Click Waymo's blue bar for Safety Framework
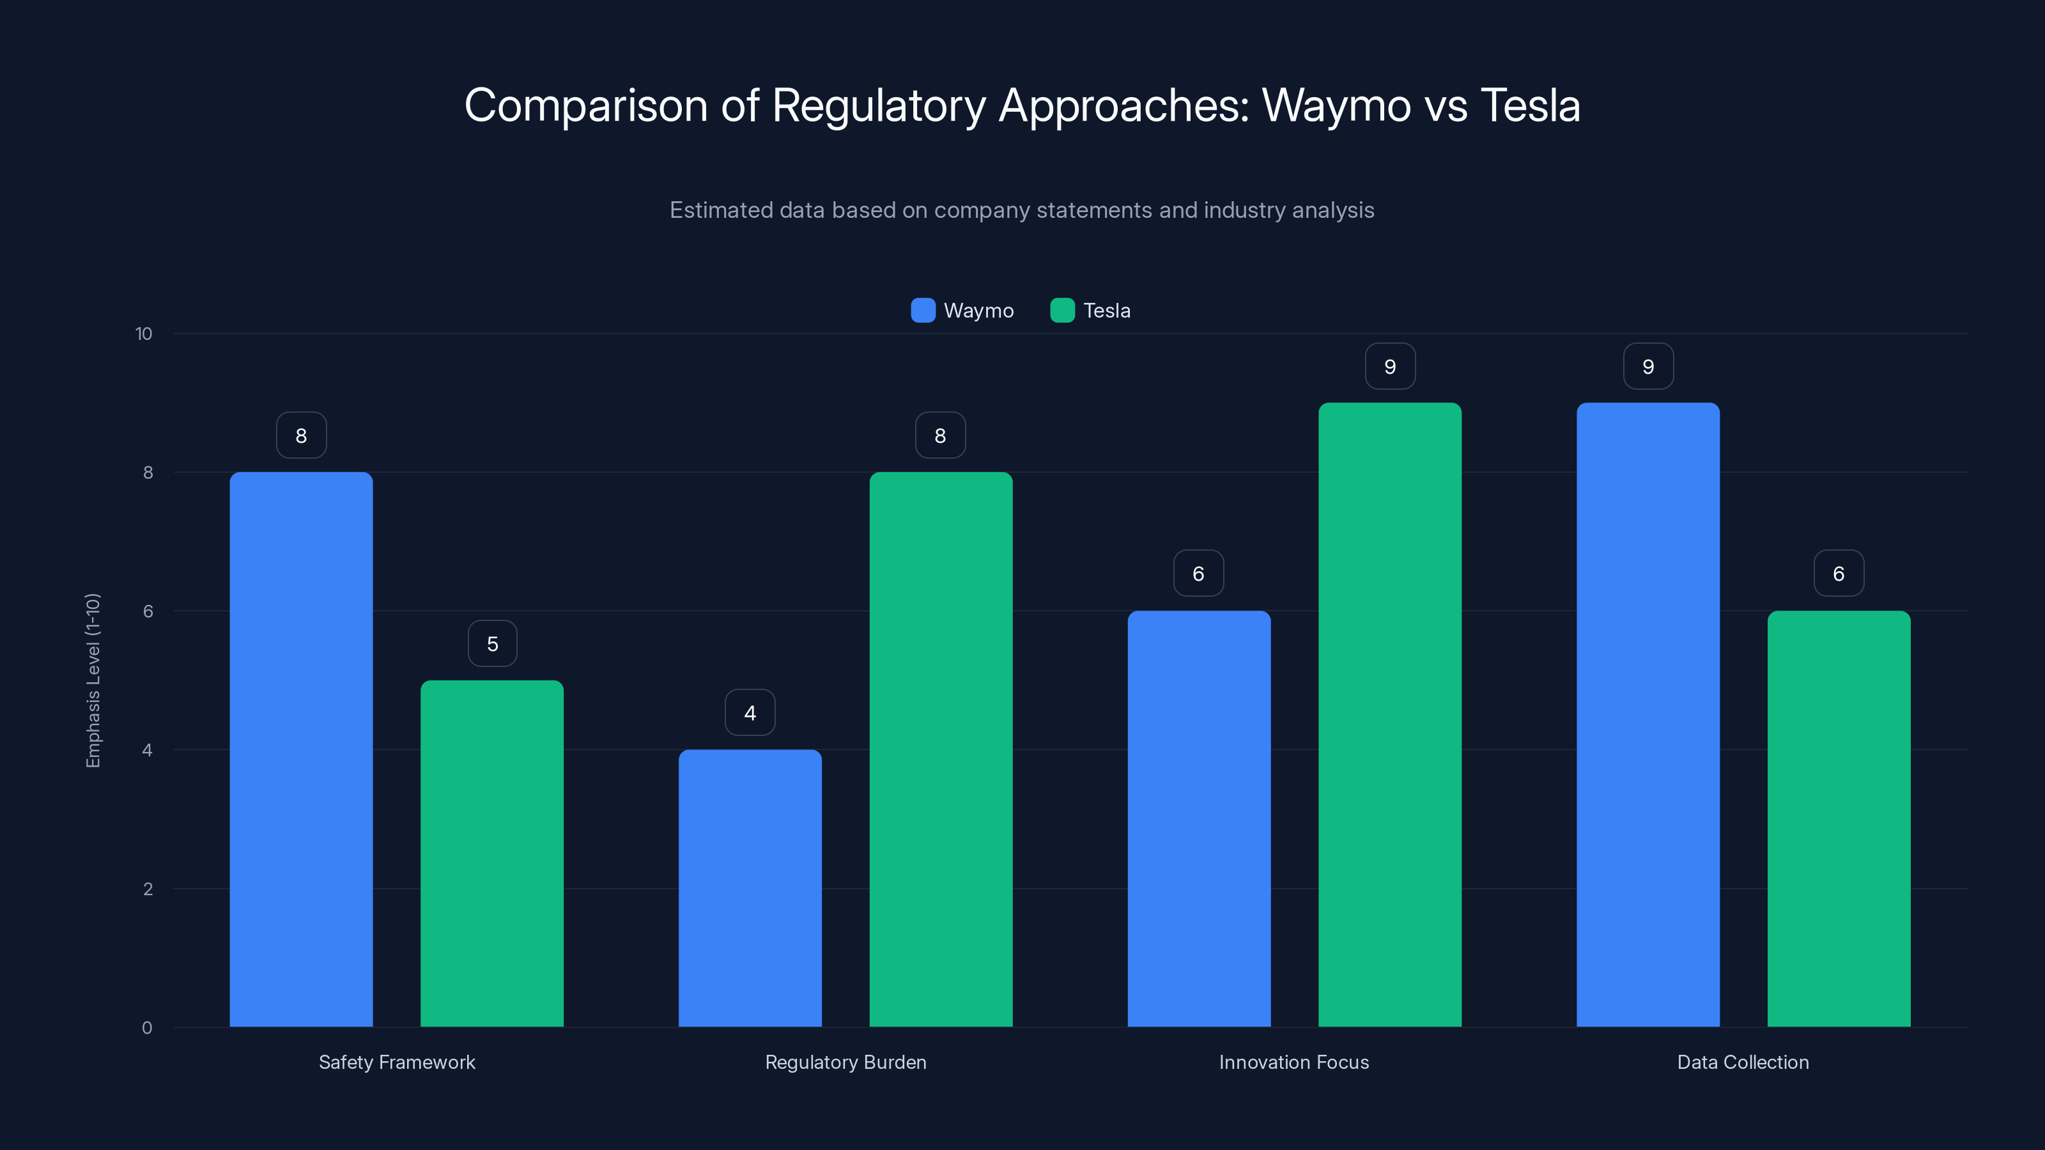tap(301, 749)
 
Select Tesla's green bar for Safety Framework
tap(491, 853)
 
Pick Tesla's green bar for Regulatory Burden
tap(941, 749)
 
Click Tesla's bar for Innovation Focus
tap(1389, 714)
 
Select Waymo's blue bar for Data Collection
tap(1648, 714)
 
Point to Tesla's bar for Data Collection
tap(1839, 818)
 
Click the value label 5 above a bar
tap(492, 643)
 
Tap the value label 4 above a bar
tap(750, 713)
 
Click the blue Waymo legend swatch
tap(922, 310)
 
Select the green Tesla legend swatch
tap(1062, 310)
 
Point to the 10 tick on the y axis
tap(144, 334)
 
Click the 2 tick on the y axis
tap(148, 889)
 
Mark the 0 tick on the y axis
tap(147, 1028)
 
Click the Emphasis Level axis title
tap(93, 680)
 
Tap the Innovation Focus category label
tap(1293, 1062)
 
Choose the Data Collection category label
tap(1743, 1062)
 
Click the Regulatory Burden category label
tap(845, 1062)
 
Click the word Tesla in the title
tap(1530, 105)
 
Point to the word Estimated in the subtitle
tap(721, 210)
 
